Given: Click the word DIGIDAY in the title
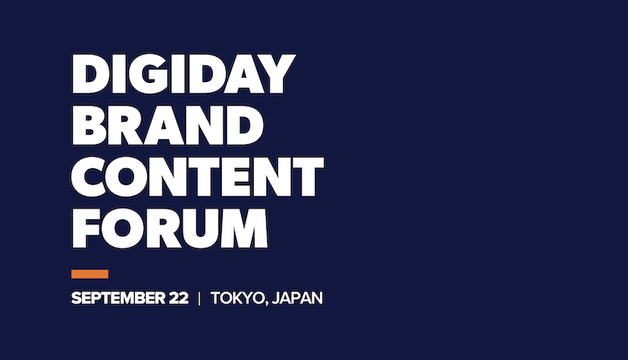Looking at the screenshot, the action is coord(183,74).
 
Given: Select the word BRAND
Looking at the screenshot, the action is coord(167,126).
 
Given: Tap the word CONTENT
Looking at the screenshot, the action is coord(198,177).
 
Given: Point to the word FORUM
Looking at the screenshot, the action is coord(169,229).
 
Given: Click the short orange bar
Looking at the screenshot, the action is coord(90,274).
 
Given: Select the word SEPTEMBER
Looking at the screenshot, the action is coord(118,298).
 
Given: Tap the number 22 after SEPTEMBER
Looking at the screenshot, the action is coord(178,298).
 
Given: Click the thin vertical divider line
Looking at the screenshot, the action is coord(199,298).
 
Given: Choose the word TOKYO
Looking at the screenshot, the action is coord(238,298).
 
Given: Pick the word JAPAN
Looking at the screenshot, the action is coord(297,298).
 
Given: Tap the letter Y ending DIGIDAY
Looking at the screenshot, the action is coord(276,74).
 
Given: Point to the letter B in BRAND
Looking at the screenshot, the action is coord(89,126).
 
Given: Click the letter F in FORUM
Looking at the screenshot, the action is coord(85,229).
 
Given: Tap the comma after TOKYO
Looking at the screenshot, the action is coord(266,304).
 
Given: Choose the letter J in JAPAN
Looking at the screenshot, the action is coord(275,298).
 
